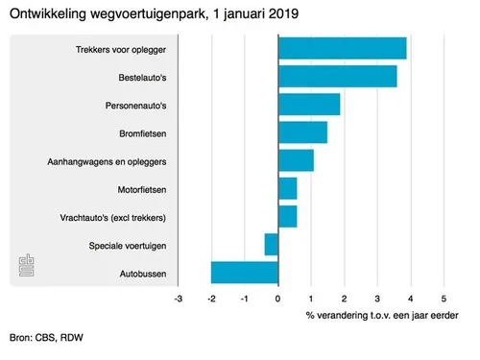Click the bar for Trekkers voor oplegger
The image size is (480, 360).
(x=342, y=48)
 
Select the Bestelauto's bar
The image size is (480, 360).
(x=337, y=76)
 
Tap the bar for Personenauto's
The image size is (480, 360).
(x=309, y=104)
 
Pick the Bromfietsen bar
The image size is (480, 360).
(x=302, y=132)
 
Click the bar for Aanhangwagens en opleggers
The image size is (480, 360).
(x=296, y=160)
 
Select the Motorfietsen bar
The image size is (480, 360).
(x=287, y=188)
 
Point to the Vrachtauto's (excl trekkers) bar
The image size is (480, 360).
(x=287, y=216)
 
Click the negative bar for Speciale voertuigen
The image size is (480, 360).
(x=272, y=245)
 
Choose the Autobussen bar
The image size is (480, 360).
(x=245, y=273)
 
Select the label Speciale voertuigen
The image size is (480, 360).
(x=125, y=246)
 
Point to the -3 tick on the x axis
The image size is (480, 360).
(x=178, y=299)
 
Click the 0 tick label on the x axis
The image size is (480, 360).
(x=277, y=299)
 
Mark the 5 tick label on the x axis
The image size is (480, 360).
(x=444, y=299)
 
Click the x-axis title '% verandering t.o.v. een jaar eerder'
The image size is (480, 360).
(x=381, y=315)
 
